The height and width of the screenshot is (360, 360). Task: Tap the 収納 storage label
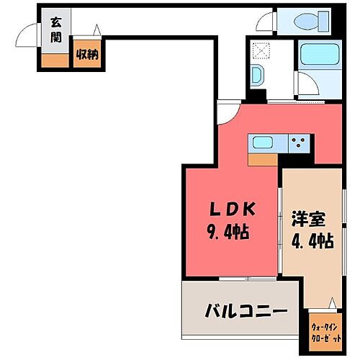pyautogui.click(x=88, y=55)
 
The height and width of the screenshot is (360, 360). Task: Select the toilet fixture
pyautogui.click(x=307, y=22)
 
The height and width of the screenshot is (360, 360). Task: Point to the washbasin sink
pyautogui.click(x=257, y=74)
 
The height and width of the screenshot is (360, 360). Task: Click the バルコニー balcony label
pyautogui.click(x=246, y=312)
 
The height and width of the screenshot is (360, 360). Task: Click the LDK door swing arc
pyautogui.click(x=229, y=109)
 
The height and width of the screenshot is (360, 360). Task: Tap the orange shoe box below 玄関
pyautogui.click(x=53, y=60)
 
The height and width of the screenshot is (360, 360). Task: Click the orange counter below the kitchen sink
pyautogui.click(x=263, y=159)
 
